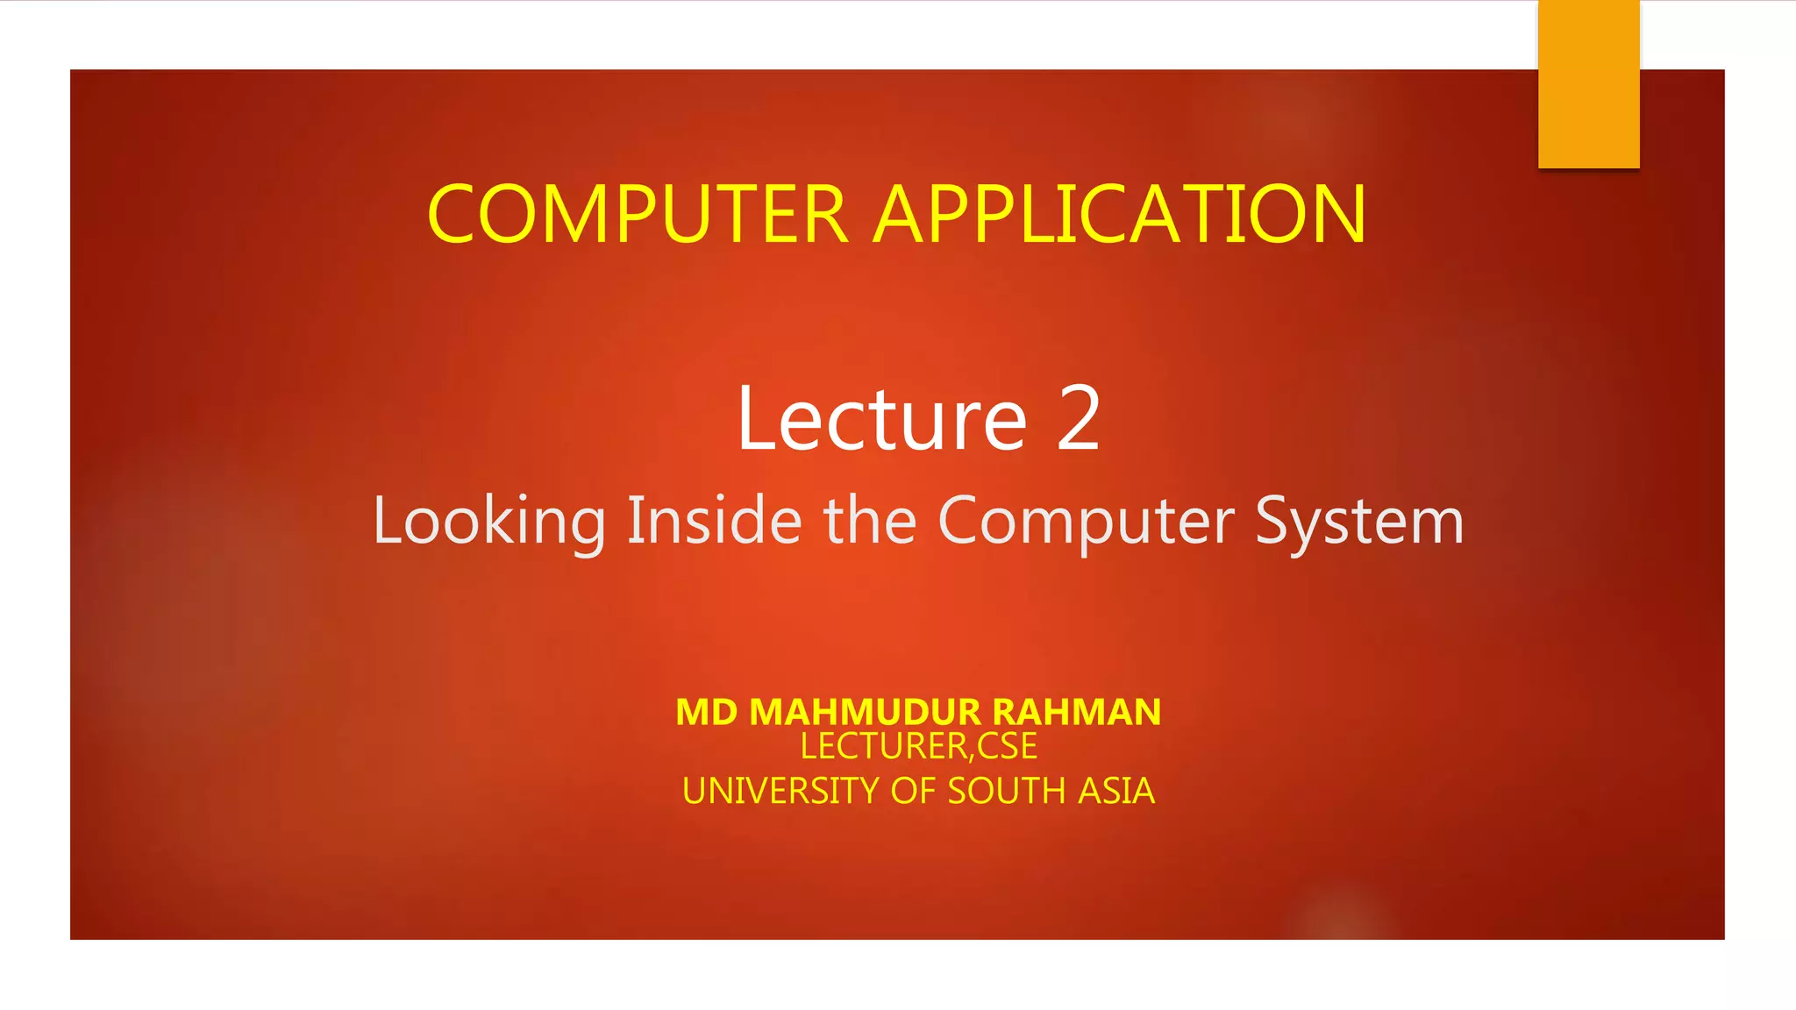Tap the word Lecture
point(881,419)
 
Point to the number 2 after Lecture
point(1078,419)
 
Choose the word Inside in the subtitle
point(714,521)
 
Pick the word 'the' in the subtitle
point(869,521)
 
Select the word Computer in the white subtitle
point(1086,521)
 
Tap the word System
point(1359,521)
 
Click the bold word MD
point(707,712)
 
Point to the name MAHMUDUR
point(852,712)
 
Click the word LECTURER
point(883,746)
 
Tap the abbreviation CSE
point(1007,746)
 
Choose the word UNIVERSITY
point(780,791)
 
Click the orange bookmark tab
point(1588,84)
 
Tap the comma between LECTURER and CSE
point(972,756)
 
